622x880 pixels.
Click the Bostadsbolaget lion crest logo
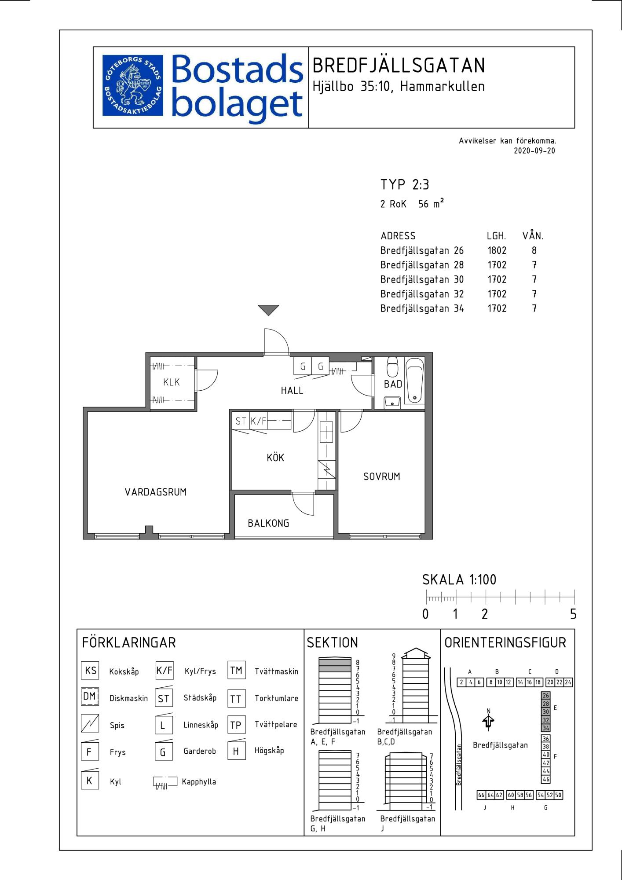(132, 85)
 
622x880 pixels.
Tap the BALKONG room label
(268, 523)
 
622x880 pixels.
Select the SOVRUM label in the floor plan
(381, 476)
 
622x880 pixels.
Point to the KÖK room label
(275, 457)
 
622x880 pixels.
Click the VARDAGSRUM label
(156, 492)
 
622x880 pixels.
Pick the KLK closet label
(172, 382)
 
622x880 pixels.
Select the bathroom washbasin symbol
(391, 402)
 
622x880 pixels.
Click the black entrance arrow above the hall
(268, 310)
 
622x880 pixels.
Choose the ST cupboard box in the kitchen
(241, 421)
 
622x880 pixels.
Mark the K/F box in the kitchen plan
(258, 421)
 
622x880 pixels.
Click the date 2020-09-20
(534, 150)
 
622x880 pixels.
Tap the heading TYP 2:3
(405, 184)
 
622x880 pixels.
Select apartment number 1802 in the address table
(497, 250)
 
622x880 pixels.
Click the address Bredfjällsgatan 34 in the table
(422, 309)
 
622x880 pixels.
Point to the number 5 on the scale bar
(573, 614)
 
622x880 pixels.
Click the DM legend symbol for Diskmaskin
(89, 697)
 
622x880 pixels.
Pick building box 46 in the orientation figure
(545, 779)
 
